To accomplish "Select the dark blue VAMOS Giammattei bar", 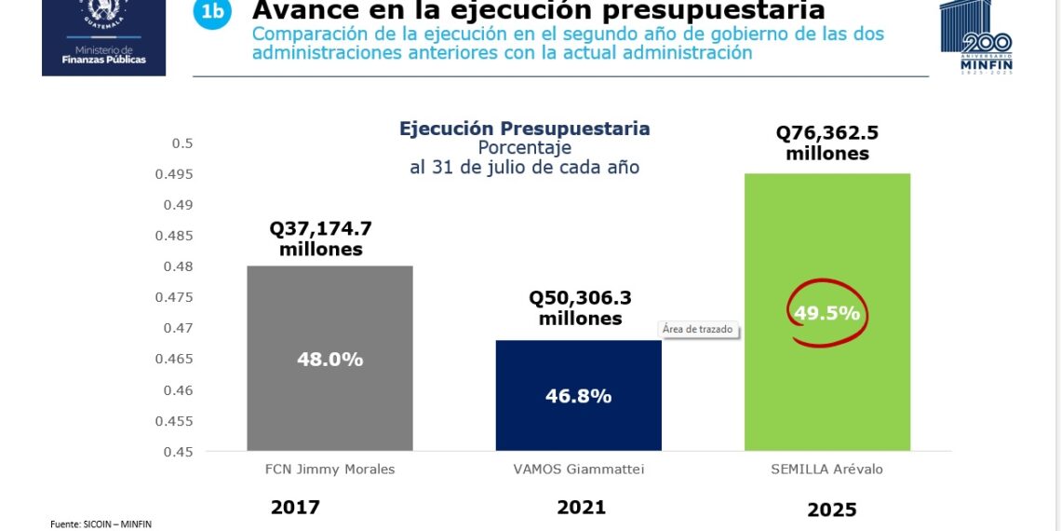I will point(578,429).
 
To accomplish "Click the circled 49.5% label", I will point(826,313).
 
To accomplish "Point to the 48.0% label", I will point(329,359).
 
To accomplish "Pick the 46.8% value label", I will point(578,396).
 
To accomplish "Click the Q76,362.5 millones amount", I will point(827,143).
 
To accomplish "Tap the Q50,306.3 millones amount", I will point(580,307).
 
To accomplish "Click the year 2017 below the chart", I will point(295,508).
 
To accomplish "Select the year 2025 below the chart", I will point(831,511).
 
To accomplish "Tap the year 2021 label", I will point(581,508).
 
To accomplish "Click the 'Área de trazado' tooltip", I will point(698,329).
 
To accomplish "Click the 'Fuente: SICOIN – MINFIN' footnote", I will point(101,524).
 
